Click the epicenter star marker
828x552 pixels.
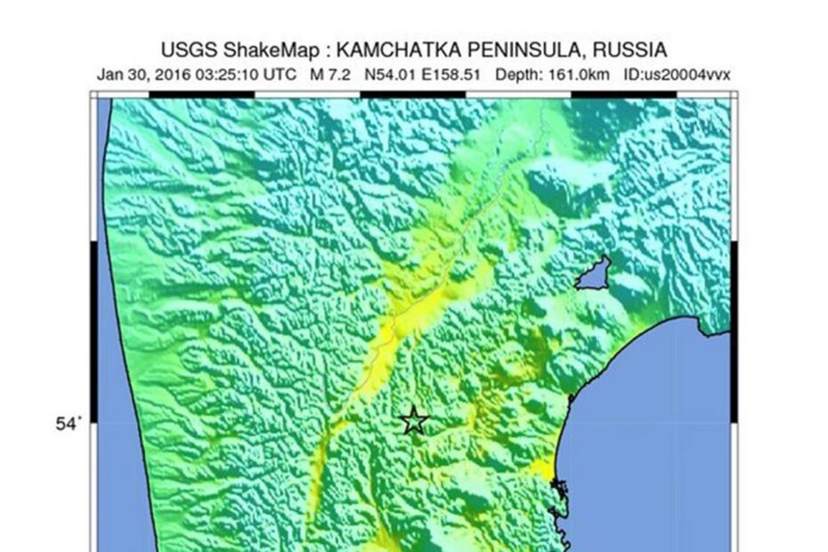414,420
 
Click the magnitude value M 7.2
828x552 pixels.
330,75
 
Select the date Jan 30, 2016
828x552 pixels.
146,75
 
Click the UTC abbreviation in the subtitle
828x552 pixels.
280,75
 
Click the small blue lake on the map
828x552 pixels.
593,275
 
